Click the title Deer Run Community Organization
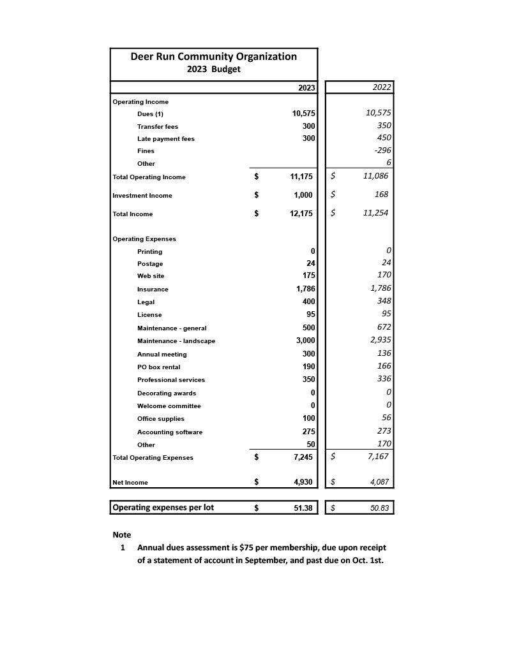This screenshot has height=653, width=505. [213, 57]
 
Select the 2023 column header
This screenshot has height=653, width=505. [306, 88]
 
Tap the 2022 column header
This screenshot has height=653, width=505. [382, 87]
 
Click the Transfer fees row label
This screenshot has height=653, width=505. [158, 126]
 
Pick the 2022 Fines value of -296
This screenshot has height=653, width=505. [382, 150]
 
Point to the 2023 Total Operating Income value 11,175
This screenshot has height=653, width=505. [301, 177]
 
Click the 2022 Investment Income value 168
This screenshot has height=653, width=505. [382, 194]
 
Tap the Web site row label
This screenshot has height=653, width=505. [151, 276]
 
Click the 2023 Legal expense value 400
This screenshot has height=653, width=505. [308, 302]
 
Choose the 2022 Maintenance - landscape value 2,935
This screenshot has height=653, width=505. [381, 340]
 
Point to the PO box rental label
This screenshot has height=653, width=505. [159, 367]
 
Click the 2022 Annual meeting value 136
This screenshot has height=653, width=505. [384, 353]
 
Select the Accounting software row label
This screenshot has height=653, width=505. [170, 432]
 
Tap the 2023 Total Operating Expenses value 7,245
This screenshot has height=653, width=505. [303, 457]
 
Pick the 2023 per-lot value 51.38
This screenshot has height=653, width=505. [302, 508]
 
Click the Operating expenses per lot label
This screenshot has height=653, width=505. [163, 508]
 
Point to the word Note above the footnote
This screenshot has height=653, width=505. [122, 534]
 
